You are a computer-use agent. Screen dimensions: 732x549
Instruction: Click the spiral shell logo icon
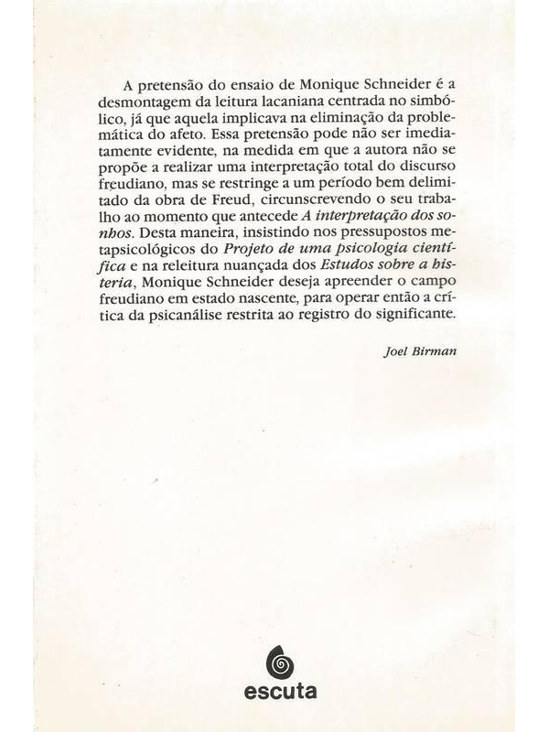point(274,658)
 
